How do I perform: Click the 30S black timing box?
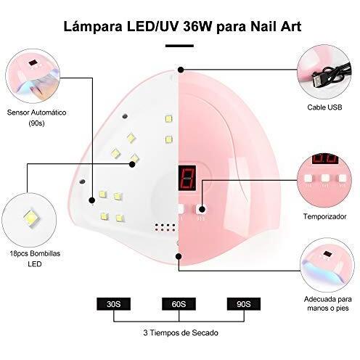pos(113,304)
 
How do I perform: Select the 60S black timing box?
pos(179,304)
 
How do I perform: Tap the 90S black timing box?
pos(244,304)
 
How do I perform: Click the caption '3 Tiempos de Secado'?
pos(181,332)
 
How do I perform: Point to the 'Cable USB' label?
pos(324,107)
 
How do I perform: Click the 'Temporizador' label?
pos(324,216)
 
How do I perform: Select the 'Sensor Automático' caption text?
pos(36,112)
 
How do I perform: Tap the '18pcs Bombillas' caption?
pos(35,253)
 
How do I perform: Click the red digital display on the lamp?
pos(187,178)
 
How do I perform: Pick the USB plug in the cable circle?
pos(316,81)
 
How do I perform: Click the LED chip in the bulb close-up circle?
pos(31,218)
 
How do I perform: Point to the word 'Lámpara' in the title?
pos(93,27)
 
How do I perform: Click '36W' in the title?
pos(197,26)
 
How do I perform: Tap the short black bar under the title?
pos(179,46)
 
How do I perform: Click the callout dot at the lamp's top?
pos(181,70)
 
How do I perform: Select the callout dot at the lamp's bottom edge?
pos(179,256)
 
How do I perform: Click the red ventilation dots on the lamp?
pos(165,227)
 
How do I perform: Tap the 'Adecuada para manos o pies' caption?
pos(328,303)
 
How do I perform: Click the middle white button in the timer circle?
pos(324,179)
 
